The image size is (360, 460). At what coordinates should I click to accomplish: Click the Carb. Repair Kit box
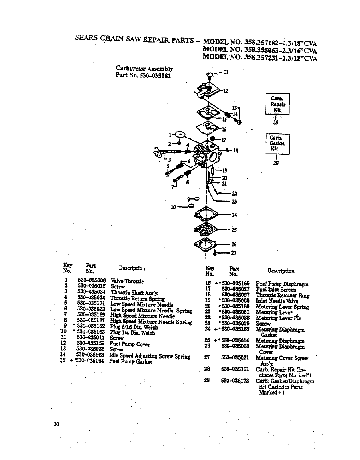click(x=277, y=104)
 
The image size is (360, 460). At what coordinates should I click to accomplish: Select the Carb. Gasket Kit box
click(x=277, y=144)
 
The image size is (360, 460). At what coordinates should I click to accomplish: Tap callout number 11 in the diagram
click(x=226, y=72)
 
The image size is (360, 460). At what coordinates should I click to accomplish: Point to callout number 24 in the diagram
click(x=234, y=215)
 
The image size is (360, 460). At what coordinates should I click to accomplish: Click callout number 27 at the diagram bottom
click(x=234, y=253)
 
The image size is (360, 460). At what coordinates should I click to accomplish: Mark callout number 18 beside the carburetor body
click(x=236, y=151)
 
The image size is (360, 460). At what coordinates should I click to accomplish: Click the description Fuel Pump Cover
click(x=130, y=344)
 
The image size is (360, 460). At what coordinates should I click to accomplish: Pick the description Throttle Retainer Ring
click(x=282, y=295)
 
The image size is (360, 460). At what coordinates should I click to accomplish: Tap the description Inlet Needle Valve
click(x=277, y=301)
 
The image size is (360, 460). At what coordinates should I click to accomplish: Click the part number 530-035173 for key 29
click(x=236, y=381)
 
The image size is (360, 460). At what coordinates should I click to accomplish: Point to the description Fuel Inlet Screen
click(x=276, y=290)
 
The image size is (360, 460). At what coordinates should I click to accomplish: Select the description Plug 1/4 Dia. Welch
click(x=132, y=333)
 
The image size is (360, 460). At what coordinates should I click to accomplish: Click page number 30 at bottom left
click(x=56, y=424)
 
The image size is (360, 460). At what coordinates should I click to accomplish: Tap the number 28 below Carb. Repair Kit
click(x=276, y=122)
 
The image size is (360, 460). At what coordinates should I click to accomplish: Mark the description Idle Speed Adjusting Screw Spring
click(x=150, y=356)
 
